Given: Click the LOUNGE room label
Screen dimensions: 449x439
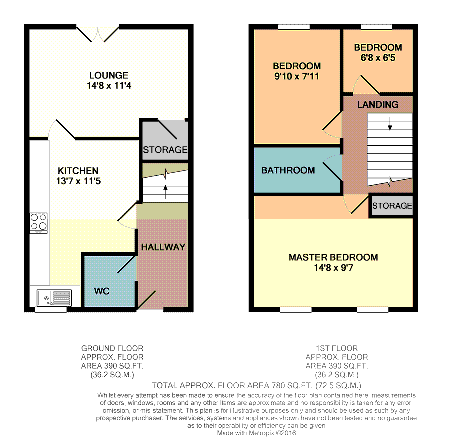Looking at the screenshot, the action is [109, 75].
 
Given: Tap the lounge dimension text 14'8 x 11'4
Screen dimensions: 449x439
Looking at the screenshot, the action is [109, 86].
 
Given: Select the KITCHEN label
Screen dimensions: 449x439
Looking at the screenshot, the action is [78, 171].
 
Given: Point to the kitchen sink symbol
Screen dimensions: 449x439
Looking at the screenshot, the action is [54, 298].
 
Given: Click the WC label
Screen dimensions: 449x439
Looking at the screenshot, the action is [102, 291].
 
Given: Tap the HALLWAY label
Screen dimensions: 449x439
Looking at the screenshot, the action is [163, 247].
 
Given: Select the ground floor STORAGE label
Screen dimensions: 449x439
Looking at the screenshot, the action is [165, 150].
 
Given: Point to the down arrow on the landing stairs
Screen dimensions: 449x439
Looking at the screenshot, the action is [390, 123].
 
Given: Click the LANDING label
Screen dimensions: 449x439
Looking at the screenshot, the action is [378, 105].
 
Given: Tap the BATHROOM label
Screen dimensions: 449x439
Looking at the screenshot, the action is [288, 170].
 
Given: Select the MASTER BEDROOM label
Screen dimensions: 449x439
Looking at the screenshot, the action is [333, 257].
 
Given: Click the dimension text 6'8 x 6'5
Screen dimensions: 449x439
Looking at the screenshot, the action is [378, 58].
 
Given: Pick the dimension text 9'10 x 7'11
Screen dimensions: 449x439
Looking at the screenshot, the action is [297, 76].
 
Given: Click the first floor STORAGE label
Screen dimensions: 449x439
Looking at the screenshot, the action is [392, 206].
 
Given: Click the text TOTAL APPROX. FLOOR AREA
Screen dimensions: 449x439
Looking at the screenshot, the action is [211, 386].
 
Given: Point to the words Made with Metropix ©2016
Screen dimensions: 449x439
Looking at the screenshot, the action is [256, 433].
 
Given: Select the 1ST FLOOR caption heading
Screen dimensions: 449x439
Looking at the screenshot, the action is [337, 348].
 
